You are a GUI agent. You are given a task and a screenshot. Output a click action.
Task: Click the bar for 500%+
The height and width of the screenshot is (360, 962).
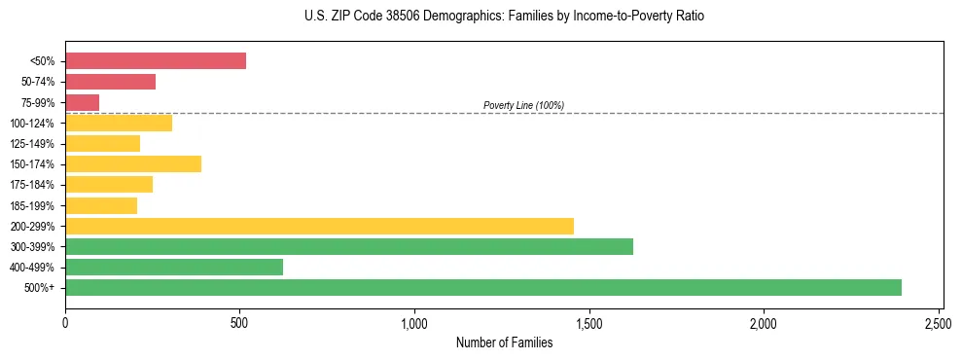pyautogui.click(x=483, y=288)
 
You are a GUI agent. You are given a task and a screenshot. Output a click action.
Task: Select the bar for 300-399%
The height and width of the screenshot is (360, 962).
pyautogui.click(x=349, y=247)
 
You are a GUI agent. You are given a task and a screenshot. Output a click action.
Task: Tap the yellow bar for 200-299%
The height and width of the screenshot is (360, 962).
pyautogui.click(x=319, y=226)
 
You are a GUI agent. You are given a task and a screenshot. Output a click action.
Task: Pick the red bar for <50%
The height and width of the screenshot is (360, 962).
pyautogui.click(x=156, y=61)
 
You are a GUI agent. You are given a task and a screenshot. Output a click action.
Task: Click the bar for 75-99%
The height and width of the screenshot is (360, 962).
pyautogui.click(x=82, y=102)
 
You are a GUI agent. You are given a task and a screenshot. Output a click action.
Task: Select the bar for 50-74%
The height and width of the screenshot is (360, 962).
pyautogui.click(x=110, y=82)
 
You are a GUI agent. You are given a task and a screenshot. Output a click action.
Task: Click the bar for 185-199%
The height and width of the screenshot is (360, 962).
pyautogui.click(x=101, y=205)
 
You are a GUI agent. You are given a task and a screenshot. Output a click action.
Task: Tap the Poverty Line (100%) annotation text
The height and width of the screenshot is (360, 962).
pyautogui.click(x=523, y=105)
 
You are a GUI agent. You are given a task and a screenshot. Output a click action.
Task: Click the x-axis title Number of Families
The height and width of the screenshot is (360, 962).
pyautogui.click(x=504, y=342)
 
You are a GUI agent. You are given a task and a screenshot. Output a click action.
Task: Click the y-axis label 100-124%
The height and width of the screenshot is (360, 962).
pyautogui.click(x=32, y=124)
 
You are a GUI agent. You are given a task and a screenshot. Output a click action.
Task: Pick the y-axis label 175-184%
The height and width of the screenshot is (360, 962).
pyautogui.click(x=32, y=185)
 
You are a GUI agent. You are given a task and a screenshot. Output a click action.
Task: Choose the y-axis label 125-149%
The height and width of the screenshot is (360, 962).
pyautogui.click(x=32, y=144)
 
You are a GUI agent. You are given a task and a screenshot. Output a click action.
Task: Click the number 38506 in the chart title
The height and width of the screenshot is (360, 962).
pyautogui.click(x=384, y=17)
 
